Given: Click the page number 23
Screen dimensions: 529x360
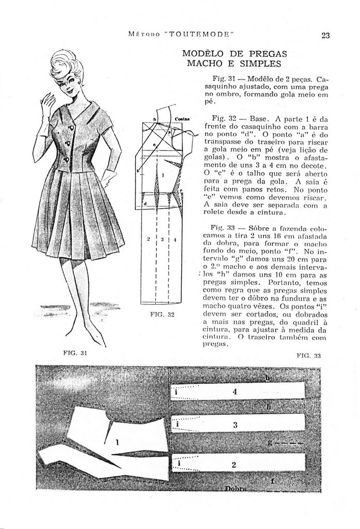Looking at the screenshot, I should [326, 35].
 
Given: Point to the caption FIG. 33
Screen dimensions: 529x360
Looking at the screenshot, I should [309, 355].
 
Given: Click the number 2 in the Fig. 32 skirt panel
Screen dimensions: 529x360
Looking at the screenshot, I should [149, 239].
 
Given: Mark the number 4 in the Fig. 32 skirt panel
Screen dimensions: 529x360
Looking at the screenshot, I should [175, 239].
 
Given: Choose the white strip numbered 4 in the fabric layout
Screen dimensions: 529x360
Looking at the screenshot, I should [238, 392].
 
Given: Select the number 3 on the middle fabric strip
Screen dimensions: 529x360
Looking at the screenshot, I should [235, 425].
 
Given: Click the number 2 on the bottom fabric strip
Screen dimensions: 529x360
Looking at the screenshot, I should [234, 464].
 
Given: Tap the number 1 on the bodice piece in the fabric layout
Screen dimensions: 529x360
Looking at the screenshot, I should [117, 442].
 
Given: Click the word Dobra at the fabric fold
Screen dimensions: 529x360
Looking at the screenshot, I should [236, 488].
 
